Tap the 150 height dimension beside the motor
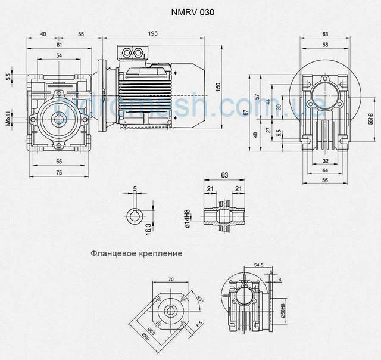pyautogui.click(x=218, y=86)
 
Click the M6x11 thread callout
pyautogui.click(x=8, y=119)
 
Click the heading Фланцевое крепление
pyautogui.click(x=136, y=253)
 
